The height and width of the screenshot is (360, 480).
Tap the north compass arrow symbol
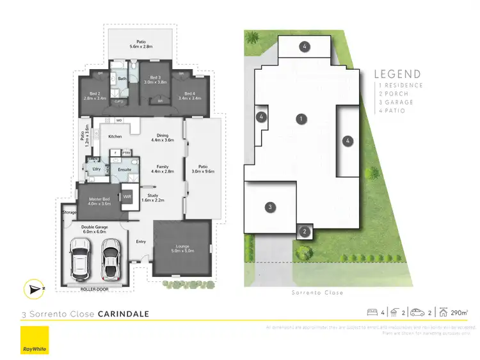33,289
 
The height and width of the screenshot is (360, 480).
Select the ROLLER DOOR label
95,289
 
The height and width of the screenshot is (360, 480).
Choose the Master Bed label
98,201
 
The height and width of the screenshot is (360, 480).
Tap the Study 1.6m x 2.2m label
152,198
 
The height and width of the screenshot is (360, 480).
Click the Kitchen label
115,136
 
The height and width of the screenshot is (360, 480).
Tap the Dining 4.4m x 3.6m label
162,137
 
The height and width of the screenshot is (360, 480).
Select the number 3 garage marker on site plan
271,207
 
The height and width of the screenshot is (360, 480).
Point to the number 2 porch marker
305,231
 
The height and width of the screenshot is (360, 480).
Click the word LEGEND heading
397,74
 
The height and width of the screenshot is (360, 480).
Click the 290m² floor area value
459,313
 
